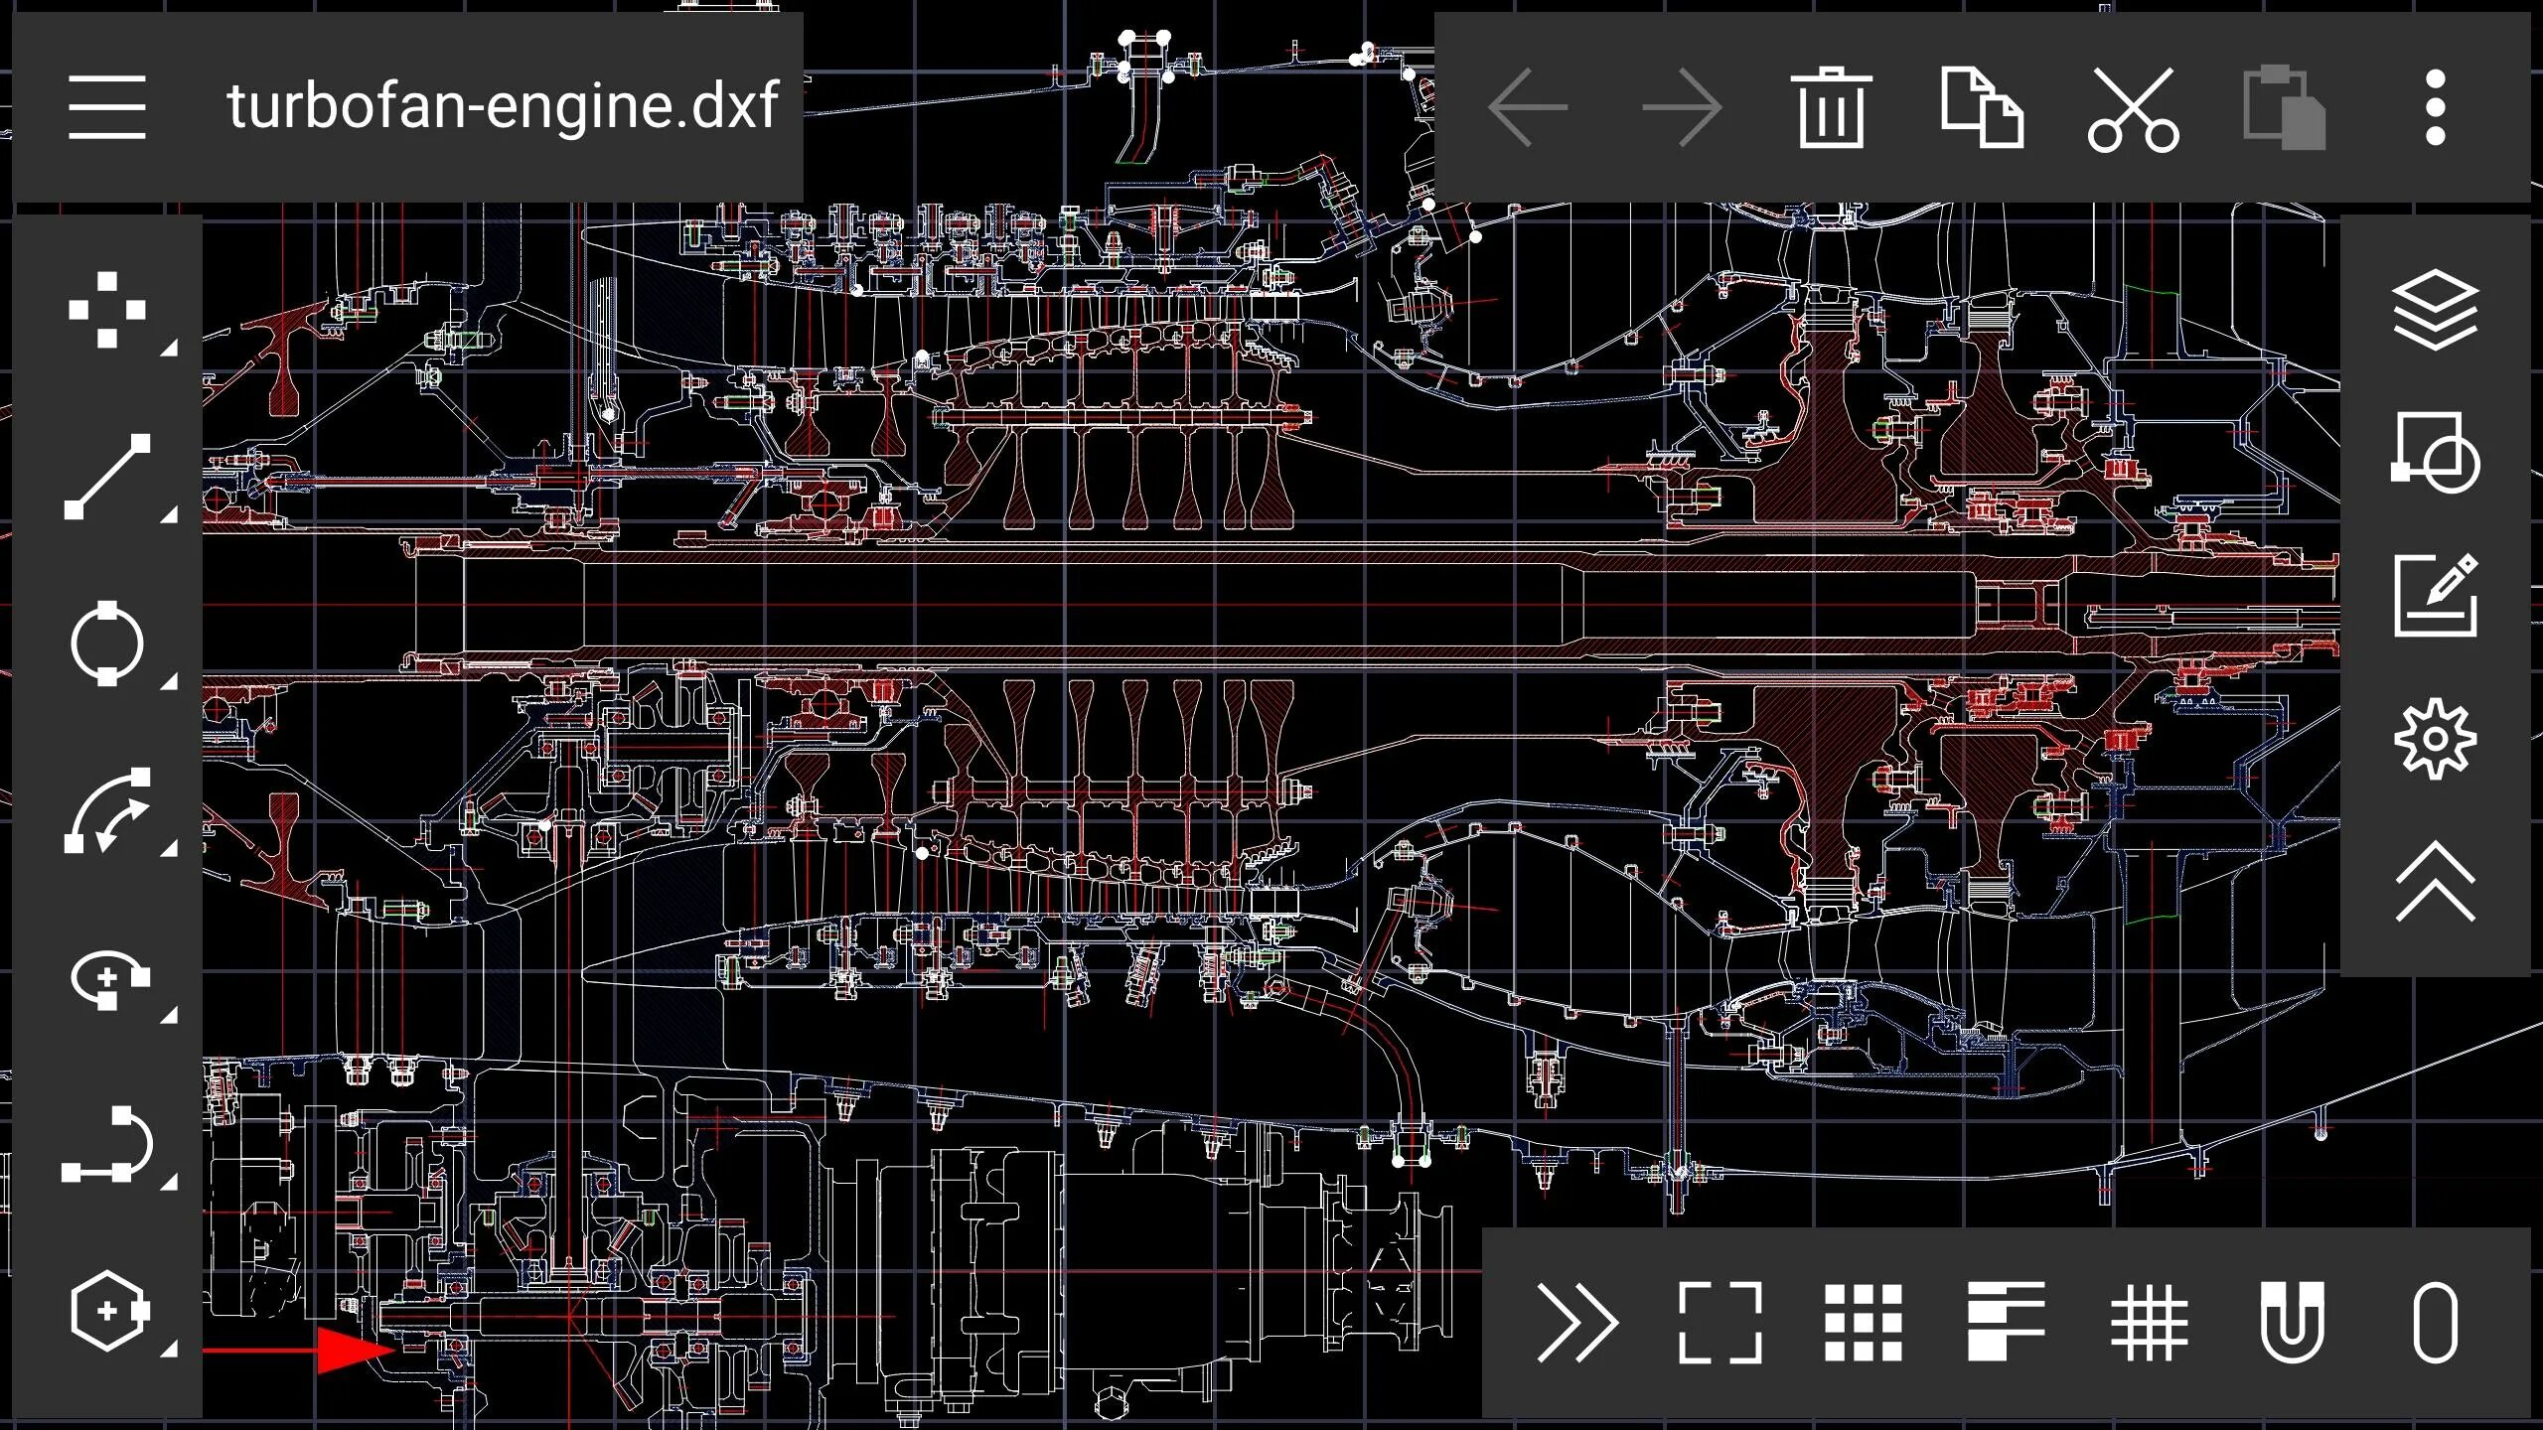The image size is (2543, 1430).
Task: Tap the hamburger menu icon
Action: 107,106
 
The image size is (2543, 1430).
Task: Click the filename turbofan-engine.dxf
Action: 502,106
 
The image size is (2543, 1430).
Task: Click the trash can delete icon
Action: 1830,107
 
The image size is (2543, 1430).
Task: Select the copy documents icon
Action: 1982,107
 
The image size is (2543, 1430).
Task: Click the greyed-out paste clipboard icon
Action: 2284,107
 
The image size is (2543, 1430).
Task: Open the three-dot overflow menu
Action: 2435,107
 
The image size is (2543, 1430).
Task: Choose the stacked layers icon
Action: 2435,310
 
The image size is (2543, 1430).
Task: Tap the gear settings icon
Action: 2435,739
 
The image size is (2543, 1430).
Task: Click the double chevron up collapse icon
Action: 2435,882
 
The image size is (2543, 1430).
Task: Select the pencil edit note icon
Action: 2435,596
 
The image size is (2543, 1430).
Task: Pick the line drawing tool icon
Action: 107,477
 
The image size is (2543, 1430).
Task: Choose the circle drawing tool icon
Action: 107,643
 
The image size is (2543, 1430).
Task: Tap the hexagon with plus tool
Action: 107,1311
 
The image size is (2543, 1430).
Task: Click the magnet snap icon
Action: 2292,1323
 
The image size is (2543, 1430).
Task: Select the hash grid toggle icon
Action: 2149,1323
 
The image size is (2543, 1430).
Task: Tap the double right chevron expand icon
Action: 1576,1323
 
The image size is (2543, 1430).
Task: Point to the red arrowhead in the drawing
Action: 354,1350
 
